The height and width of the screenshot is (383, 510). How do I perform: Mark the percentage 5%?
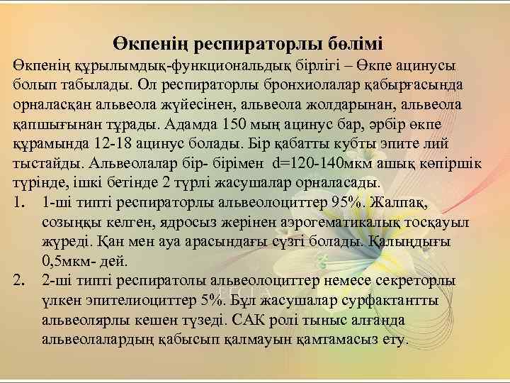[x=211, y=300]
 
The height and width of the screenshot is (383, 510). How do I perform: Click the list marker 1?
[x=19, y=203]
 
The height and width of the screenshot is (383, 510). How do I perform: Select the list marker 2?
[x=20, y=281]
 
